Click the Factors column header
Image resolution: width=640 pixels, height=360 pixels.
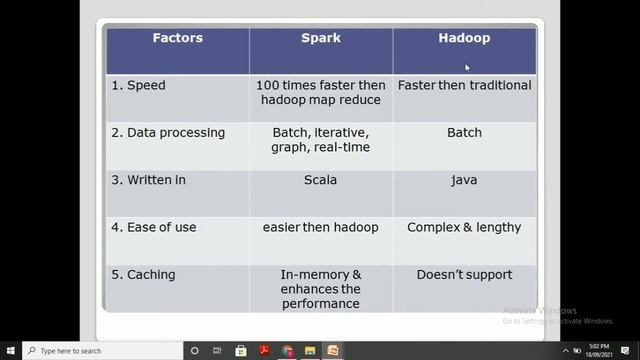[177, 39]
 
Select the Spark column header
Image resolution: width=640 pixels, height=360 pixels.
[320, 39]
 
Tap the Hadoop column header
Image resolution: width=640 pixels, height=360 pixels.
[464, 39]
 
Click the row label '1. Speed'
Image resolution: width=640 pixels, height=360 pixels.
[139, 86]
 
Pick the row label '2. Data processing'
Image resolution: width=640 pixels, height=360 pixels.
[168, 133]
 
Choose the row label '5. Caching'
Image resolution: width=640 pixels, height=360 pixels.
[145, 274]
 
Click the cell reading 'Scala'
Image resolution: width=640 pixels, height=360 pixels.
[320, 180]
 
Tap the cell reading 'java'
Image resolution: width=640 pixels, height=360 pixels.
[464, 180]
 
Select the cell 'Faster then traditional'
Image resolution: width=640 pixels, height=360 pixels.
[464, 86]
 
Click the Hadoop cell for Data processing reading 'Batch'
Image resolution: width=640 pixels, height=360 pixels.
[464, 133]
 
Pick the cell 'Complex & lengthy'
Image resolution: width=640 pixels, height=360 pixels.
[464, 227]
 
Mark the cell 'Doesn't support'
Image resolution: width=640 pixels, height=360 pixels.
[464, 274]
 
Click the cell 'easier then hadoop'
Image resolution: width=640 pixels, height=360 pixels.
[320, 227]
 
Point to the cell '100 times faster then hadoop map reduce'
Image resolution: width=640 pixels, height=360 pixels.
[320, 93]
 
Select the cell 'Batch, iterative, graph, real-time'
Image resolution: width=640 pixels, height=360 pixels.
[320, 140]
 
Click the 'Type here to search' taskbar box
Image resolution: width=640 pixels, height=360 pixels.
[100, 351]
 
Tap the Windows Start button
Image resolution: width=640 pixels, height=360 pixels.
[11, 351]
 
